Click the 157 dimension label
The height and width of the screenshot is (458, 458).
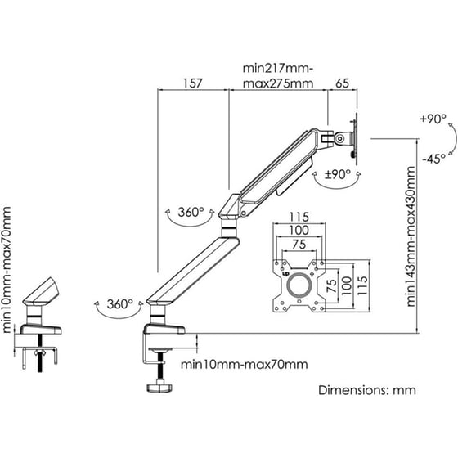coord(192,83)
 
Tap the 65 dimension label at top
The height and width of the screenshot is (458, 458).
coord(342,83)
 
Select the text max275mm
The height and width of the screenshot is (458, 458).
coord(278,83)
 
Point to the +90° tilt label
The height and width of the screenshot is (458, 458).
coord(433,119)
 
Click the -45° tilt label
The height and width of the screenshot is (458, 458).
coord(433,159)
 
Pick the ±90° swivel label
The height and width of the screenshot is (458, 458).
coord(338,174)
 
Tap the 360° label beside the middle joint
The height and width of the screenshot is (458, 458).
coord(191,212)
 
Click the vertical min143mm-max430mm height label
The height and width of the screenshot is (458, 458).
coord(411,236)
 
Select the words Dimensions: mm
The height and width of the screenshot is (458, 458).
coord(367,390)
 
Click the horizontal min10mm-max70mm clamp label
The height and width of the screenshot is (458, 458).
coord(245,365)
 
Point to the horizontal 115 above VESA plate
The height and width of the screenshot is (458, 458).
coord(299,217)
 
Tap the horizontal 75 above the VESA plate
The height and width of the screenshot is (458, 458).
coord(299,245)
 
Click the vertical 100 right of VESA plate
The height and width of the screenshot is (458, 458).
coord(346,285)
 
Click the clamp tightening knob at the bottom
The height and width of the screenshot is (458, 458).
coord(159,388)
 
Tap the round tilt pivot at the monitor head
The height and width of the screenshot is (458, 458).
coord(339,138)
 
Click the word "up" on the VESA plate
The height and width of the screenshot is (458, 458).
coord(285,274)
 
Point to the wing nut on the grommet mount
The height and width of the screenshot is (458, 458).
coord(40,352)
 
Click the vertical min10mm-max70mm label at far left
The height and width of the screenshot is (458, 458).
coord(7,270)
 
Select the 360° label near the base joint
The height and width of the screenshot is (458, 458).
coord(119,304)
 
